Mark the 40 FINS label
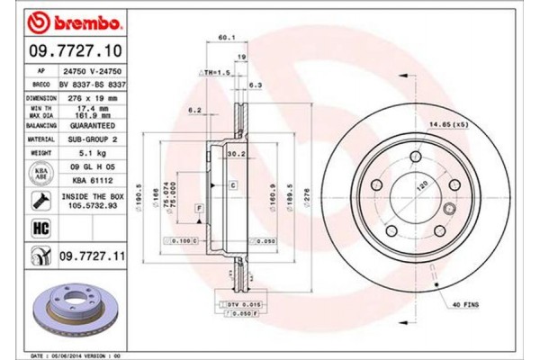click(464, 306)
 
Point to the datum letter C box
click(232, 184)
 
